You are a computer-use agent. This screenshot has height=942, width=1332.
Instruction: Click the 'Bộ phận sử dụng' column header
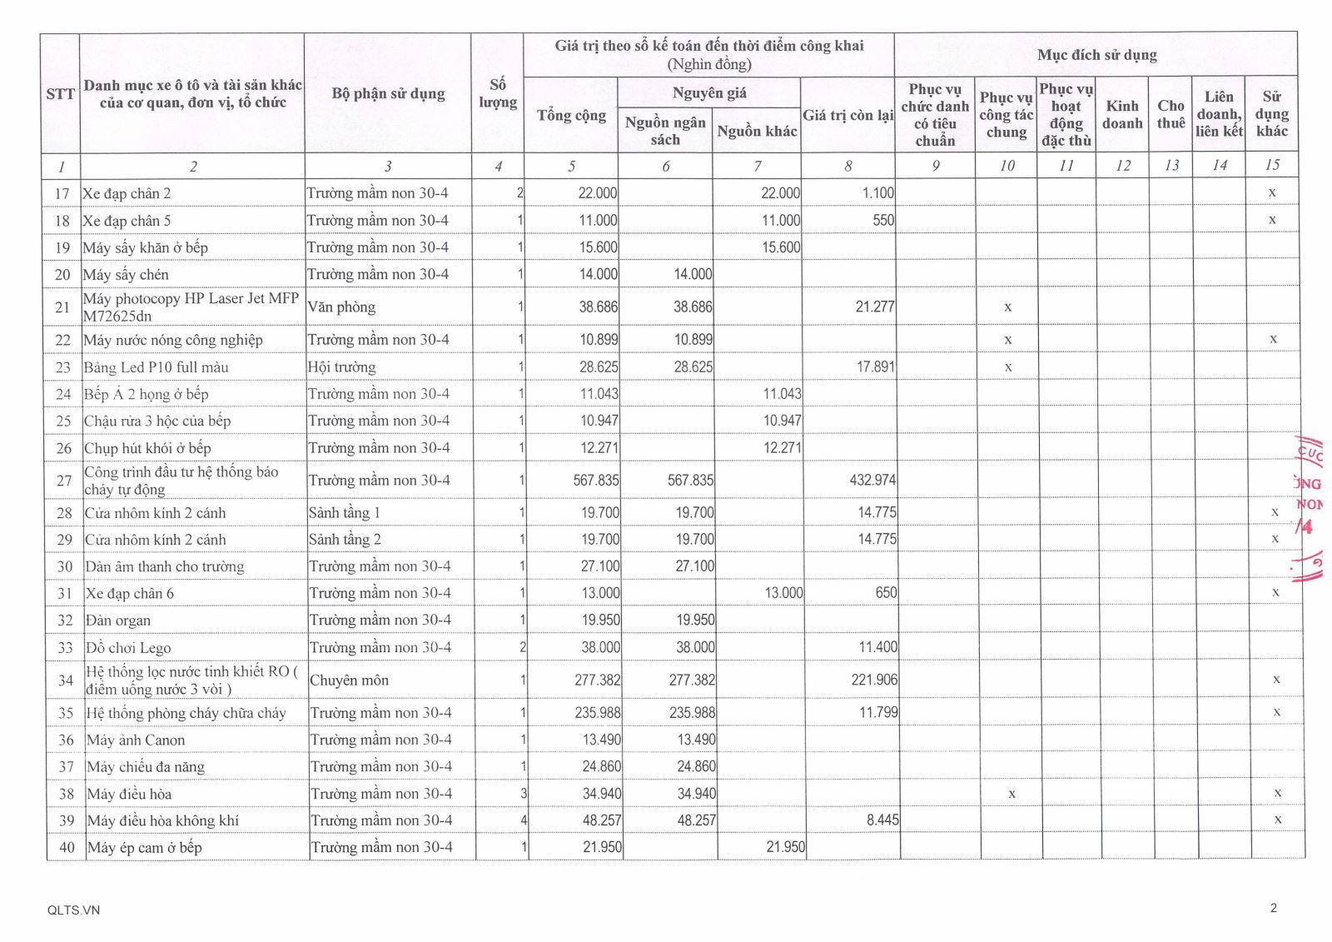tap(388, 93)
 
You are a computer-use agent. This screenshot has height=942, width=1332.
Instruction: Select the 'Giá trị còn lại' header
tap(847, 115)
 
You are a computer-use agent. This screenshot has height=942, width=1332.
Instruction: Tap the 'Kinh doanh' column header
tap(1121, 114)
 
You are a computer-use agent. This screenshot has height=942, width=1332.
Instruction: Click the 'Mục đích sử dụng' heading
tap(1096, 55)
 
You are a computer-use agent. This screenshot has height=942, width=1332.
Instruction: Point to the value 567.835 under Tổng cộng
tap(596, 481)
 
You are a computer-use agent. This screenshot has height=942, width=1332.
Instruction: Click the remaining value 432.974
tap(873, 481)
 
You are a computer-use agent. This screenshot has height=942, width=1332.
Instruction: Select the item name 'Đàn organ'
tap(118, 621)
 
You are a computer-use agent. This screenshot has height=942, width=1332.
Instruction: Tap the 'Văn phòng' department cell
tap(341, 307)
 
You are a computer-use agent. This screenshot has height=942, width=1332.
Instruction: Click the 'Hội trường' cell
tap(341, 367)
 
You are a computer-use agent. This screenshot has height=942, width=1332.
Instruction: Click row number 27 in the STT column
tap(64, 481)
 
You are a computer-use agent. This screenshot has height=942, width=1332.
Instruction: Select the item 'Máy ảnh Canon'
tap(136, 740)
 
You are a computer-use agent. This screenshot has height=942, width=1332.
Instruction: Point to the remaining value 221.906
tap(874, 680)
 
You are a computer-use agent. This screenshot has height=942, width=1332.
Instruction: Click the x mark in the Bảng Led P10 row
tap(1008, 367)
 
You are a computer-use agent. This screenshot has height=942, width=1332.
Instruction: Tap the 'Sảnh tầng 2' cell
tap(345, 540)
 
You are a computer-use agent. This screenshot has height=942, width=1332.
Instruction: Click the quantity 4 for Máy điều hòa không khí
tap(523, 820)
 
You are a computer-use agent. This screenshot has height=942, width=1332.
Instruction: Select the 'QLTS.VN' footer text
tap(73, 910)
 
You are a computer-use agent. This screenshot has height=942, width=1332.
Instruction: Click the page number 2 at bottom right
tap(1273, 908)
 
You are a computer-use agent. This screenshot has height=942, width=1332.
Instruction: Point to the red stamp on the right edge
tap(1310, 508)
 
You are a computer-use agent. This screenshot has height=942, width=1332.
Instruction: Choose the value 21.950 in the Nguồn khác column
tap(785, 848)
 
